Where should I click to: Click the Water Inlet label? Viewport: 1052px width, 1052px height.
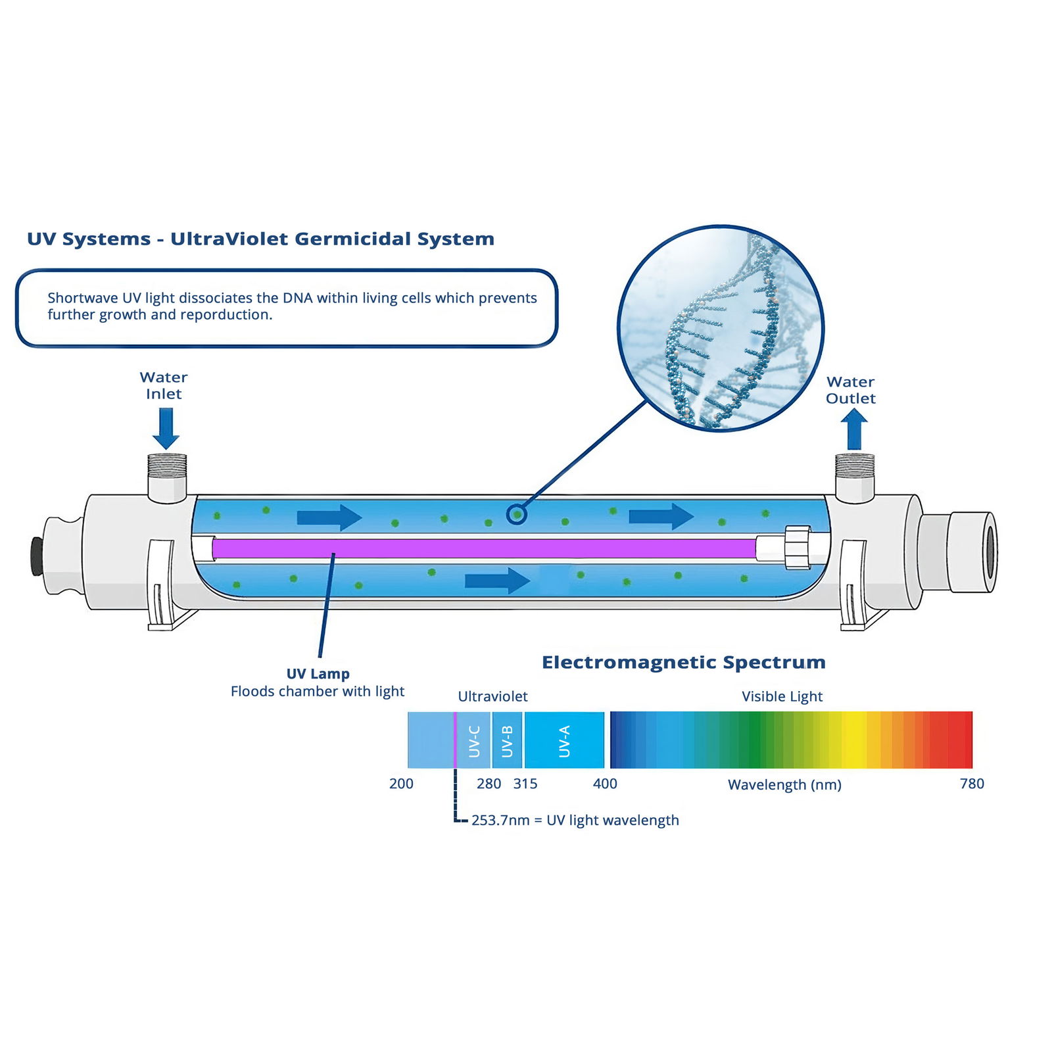pos(164,385)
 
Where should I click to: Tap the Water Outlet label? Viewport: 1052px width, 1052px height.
pos(850,390)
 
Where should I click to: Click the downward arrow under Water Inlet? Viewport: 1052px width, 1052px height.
pos(166,427)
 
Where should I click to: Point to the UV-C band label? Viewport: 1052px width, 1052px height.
pos(474,741)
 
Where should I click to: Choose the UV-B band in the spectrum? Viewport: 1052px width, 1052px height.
pos(507,741)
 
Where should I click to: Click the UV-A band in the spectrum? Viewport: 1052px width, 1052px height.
pos(564,741)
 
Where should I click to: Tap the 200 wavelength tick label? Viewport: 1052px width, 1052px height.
pos(401,784)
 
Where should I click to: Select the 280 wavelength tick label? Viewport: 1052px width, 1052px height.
pos(489,784)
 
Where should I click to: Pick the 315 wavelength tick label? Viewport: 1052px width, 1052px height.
pos(525,784)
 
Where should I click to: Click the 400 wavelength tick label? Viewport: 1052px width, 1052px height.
pos(605,784)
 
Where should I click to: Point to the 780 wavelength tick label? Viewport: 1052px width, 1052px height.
pos(972,784)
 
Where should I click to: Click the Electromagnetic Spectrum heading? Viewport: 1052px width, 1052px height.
pos(683,663)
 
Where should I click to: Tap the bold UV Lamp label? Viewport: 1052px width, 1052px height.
pos(318,674)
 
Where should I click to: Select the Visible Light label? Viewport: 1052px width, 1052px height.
pos(782,696)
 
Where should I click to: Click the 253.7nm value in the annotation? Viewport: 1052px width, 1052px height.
pos(500,821)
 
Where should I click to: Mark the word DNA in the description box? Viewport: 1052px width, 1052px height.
pos(297,298)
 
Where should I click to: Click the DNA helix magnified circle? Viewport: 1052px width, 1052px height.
pos(721,328)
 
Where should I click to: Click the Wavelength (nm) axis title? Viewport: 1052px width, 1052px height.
pos(784,784)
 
